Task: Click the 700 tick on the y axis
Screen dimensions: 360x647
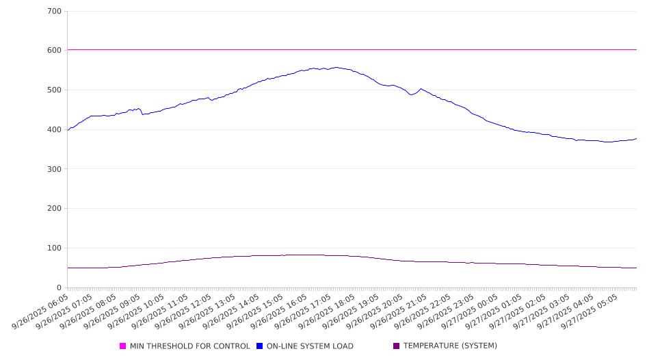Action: (55, 12)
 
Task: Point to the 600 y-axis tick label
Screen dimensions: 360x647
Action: (55, 51)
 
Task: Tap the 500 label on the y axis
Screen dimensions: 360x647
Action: (55, 90)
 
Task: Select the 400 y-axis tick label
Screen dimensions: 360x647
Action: (55, 130)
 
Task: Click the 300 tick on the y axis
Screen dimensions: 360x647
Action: (55, 169)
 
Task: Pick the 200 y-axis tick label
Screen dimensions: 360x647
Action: (55, 209)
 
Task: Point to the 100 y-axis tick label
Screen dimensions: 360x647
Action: (55, 248)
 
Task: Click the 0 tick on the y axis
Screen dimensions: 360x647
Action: (60, 288)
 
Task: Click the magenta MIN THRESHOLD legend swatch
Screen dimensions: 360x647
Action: (123, 346)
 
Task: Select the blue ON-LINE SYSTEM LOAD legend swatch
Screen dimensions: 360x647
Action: (260, 346)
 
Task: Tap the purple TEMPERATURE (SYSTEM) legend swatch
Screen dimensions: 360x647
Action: (397, 346)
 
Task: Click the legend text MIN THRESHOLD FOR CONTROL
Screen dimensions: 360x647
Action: (190, 346)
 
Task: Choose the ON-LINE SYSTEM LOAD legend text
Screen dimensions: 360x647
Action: (310, 346)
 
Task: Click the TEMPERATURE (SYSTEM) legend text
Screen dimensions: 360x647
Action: (450, 346)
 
